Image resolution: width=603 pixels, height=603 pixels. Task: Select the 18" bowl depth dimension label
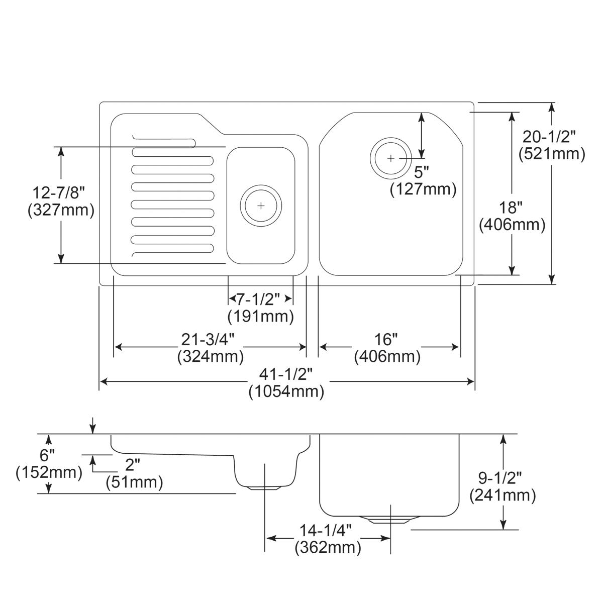[512, 207]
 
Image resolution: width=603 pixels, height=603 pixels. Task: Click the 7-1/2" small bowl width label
[260, 299]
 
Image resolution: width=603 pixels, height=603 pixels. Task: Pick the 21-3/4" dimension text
[210, 340]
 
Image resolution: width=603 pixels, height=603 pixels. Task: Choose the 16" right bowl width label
[386, 340]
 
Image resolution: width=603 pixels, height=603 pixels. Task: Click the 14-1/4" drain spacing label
[328, 530]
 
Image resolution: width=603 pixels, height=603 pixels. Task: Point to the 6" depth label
[48, 456]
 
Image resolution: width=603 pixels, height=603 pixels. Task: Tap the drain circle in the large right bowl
[391, 158]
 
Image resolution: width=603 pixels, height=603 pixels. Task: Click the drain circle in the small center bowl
[260, 206]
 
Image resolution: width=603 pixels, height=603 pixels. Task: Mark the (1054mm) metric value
[286, 391]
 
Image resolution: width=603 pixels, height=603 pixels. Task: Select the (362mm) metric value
[328, 547]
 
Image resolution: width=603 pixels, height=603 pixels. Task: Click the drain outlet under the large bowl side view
[390, 520]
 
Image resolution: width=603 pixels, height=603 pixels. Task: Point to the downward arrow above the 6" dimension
[92, 426]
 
